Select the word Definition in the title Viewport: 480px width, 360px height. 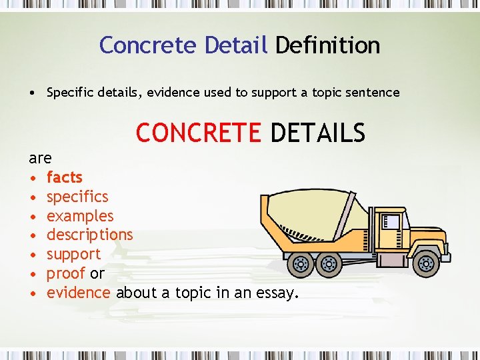[x=327, y=45]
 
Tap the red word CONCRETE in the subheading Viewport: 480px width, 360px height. [x=199, y=133]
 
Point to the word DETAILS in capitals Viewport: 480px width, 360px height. [x=318, y=133]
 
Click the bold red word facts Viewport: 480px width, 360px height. [x=64, y=177]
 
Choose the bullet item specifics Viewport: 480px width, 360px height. [x=77, y=197]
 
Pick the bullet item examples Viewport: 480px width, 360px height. [x=80, y=216]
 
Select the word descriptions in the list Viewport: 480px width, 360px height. [x=89, y=235]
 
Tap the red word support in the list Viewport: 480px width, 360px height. [x=73, y=254]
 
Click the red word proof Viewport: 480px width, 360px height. [x=65, y=273]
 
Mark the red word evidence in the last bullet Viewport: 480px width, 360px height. [x=78, y=293]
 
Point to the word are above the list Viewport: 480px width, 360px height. [x=40, y=158]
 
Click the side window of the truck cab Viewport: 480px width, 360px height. [x=393, y=221]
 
